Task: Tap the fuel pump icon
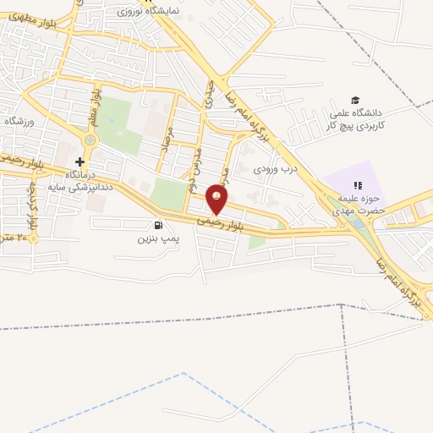158,225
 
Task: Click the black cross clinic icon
79,162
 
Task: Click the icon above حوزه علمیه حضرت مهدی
358,184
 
